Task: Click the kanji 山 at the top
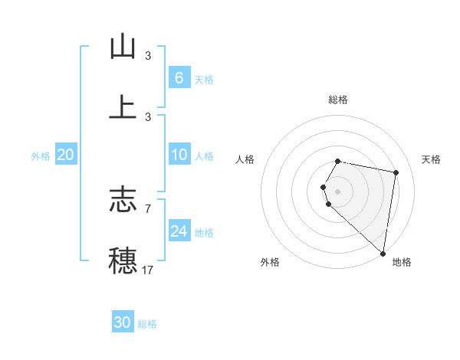tap(123, 47)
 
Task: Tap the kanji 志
tap(123, 200)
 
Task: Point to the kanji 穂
tap(123, 260)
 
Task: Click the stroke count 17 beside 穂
tap(147, 270)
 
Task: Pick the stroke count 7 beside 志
tap(147, 208)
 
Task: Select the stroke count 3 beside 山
tap(147, 56)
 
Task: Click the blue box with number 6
tap(179, 77)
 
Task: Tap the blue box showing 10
tap(179, 155)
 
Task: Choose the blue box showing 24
tap(179, 231)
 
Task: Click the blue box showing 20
tap(66, 155)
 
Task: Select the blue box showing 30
tap(123, 322)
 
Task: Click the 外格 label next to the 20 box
tap(41, 155)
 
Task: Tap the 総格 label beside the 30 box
tap(147, 324)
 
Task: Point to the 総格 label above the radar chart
tap(337, 100)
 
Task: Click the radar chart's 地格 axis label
tap(402, 262)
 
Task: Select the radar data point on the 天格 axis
tap(396, 172)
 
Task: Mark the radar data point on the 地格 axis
tap(383, 253)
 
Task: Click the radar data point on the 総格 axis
tap(337, 162)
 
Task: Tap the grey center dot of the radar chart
tap(337, 191)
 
